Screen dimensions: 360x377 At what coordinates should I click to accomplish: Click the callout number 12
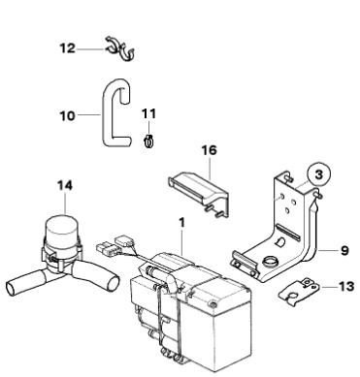point(67,48)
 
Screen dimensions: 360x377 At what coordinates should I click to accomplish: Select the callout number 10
point(67,115)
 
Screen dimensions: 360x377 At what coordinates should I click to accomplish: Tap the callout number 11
point(148,113)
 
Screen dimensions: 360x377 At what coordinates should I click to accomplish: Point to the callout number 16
point(210,150)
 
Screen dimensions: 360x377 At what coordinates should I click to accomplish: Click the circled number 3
point(319,174)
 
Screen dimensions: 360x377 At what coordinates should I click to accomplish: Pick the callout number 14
point(65,185)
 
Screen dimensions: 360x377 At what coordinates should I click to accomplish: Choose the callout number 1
point(182,222)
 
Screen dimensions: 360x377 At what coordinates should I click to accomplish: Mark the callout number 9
point(344,250)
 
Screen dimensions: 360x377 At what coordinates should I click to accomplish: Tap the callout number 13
point(346,286)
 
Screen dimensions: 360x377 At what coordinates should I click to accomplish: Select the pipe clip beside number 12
point(119,48)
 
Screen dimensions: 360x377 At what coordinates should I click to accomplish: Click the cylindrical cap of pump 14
point(61,232)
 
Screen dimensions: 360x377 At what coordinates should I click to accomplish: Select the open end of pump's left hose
point(11,288)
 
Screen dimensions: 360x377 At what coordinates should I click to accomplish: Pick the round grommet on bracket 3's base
point(271,262)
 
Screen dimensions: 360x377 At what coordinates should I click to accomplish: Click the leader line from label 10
point(88,114)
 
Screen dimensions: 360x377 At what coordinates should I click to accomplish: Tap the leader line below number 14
point(66,204)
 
